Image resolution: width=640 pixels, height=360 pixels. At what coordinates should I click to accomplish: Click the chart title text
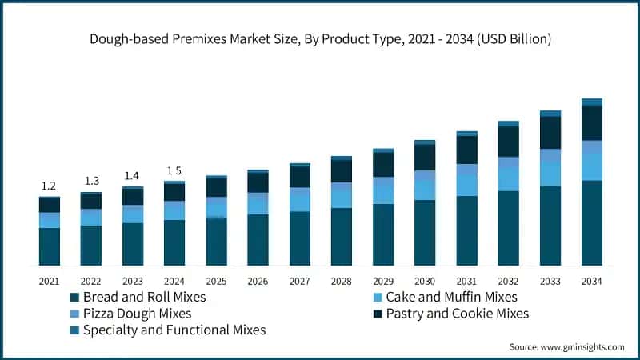tap(320, 38)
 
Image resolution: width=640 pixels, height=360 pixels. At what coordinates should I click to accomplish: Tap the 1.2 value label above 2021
tap(49, 186)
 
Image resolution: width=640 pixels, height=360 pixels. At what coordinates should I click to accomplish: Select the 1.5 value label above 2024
tap(174, 171)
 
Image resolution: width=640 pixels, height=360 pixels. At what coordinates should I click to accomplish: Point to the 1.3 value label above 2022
tap(90, 181)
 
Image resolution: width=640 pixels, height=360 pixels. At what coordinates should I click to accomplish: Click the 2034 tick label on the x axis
tap(591, 281)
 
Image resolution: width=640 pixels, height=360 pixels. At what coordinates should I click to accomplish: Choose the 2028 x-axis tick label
tap(341, 281)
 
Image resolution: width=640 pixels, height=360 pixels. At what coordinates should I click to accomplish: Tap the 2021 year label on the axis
tap(49, 281)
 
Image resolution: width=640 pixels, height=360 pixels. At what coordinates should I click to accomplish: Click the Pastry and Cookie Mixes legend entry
tap(457, 314)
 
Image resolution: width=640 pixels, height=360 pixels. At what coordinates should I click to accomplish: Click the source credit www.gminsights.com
tap(566, 346)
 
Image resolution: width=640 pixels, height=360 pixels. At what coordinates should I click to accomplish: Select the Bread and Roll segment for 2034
tap(591, 223)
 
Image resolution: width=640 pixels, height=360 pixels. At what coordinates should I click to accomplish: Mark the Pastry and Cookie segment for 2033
tap(550, 133)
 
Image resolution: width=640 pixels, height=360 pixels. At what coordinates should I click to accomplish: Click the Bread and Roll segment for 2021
tap(49, 246)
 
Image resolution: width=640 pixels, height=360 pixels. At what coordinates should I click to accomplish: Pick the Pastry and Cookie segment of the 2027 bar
tap(299, 177)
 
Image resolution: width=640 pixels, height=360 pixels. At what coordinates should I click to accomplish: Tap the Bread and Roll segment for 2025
tap(216, 242)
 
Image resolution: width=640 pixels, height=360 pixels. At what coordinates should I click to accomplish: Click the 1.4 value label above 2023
tap(132, 176)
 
